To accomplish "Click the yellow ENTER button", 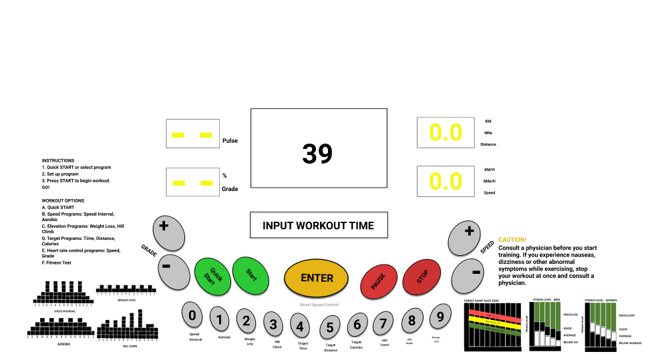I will [x=317, y=278].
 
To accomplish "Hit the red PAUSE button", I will [x=379, y=278].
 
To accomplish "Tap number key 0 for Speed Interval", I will [x=192, y=315].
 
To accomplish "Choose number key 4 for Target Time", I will [x=300, y=326].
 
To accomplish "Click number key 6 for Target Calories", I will [x=357, y=325].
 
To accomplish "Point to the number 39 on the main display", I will [x=317, y=154].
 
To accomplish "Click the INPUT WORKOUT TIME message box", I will [x=318, y=226].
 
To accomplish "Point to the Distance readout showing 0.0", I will [x=446, y=133].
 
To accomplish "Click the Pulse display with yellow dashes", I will [x=192, y=135].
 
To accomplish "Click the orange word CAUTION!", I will [x=512, y=240].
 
